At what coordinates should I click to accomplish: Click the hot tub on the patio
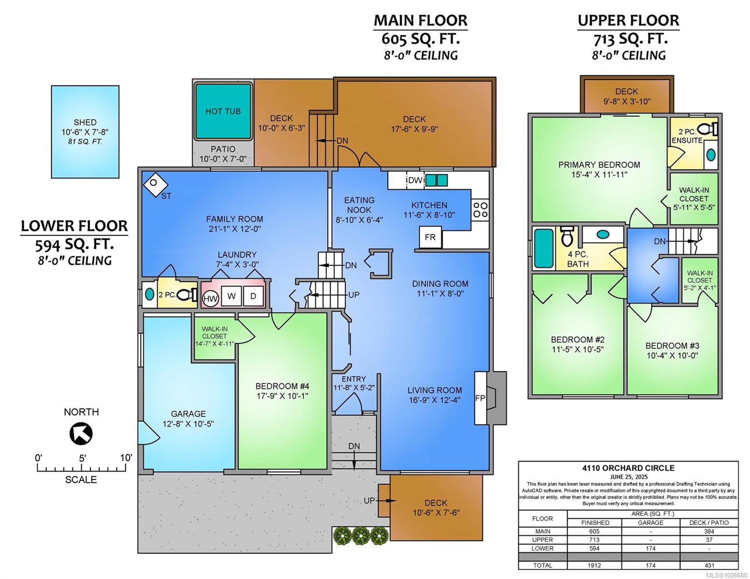[223, 111]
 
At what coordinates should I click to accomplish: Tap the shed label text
[85, 123]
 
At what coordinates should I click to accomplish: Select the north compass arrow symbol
[81, 434]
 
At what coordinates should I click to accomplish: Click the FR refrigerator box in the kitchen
[430, 237]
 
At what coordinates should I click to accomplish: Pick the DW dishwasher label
[415, 180]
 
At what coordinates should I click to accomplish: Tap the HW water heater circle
[210, 299]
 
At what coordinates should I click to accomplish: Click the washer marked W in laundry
[231, 296]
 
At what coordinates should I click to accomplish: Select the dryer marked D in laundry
[254, 296]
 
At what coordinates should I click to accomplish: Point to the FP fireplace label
[480, 398]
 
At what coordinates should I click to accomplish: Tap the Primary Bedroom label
[599, 165]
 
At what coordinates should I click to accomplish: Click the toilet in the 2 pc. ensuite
[707, 129]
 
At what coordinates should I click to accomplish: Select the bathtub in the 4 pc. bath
[544, 248]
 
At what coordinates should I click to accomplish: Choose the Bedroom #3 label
[672, 345]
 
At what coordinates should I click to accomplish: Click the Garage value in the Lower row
[651, 548]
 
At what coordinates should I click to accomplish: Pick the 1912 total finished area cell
[594, 565]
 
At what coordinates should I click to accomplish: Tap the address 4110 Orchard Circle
[628, 468]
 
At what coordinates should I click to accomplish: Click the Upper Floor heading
[628, 21]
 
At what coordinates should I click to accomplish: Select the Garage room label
[188, 414]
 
